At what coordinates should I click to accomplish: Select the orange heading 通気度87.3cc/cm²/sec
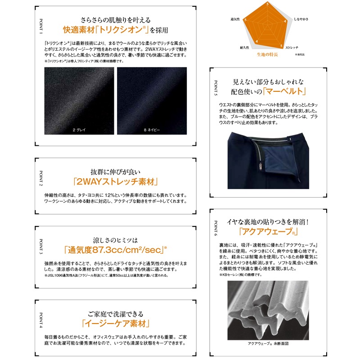click(114, 250)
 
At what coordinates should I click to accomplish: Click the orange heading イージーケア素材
click(116, 323)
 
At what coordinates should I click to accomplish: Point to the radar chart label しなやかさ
click(301, 20)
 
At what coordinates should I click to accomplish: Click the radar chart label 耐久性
click(245, 47)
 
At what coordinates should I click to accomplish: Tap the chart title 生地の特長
click(267, 54)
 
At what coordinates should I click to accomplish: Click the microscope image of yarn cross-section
click(268, 310)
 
